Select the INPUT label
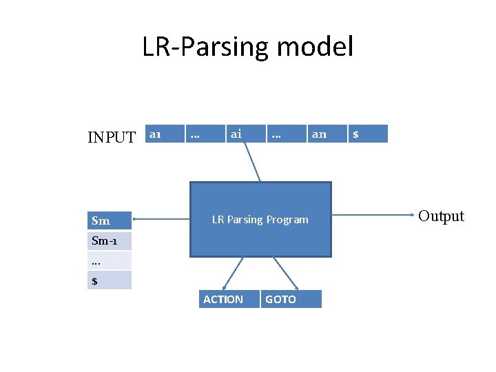[112, 137]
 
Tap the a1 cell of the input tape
[165, 134]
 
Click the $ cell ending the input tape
[368, 134]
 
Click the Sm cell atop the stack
[110, 220]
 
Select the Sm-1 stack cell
[110, 241]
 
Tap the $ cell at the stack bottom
[110, 280]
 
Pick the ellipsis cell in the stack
[110, 260]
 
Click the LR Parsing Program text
[260, 220]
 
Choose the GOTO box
[290, 299]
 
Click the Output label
[441, 216]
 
